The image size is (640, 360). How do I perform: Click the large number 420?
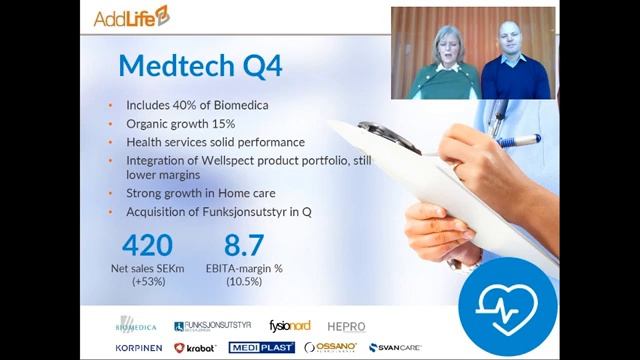point(148,246)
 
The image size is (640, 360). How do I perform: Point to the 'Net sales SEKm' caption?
point(148,270)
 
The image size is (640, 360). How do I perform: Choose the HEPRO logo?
point(345,326)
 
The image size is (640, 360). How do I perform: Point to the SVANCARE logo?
point(394,347)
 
